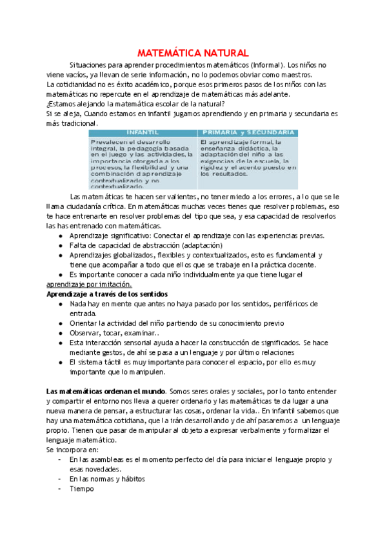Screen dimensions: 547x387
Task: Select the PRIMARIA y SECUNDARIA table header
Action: point(248,132)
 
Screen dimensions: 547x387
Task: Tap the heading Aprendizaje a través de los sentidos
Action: point(107,293)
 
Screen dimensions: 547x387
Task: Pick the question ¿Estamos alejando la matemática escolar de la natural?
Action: point(135,103)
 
